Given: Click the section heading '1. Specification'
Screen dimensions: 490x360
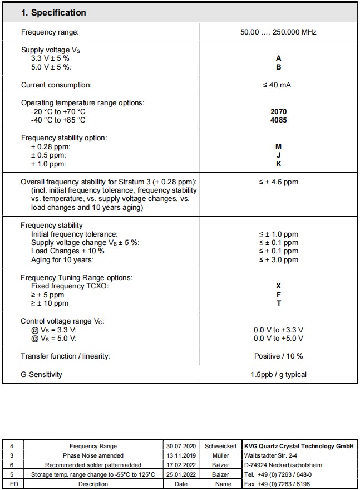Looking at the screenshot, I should click(x=53, y=12).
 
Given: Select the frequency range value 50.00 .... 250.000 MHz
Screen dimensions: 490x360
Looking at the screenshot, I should click(x=278, y=32).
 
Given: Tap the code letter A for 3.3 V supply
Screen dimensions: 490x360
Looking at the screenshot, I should click(x=278, y=58).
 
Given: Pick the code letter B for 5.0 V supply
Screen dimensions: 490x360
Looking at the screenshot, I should click(x=278, y=67).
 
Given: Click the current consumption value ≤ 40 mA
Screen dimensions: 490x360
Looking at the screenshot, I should click(x=278, y=85).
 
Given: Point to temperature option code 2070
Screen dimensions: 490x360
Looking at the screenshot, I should click(x=278, y=111).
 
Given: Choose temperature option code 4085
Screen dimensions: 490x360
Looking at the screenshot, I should click(x=278, y=120).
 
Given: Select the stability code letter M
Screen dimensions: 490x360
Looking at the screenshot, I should click(x=278, y=146).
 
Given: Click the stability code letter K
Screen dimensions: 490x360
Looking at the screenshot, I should click(x=278, y=164).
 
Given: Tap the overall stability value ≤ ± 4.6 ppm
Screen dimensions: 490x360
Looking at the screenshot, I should click(x=278, y=182).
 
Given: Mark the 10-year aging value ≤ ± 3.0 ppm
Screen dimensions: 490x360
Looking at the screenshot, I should click(x=278, y=259).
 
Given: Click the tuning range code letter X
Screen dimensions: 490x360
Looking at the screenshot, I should click(x=278, y=286).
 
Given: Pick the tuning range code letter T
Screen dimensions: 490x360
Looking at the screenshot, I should click(x=278, y=303).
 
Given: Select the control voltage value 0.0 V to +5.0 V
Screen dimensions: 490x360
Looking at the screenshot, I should click(x=278, y=338).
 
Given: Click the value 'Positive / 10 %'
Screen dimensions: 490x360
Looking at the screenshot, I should click(x=278, y=356).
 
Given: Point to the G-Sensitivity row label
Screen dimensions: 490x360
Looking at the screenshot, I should click(x=42, y=374).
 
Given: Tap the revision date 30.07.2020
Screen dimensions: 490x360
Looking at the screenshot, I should click(x=181, y=446).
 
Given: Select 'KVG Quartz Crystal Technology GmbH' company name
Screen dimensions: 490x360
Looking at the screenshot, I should click(x=299, y=446).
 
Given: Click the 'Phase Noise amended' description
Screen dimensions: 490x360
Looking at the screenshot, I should click(x=93, y=455).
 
